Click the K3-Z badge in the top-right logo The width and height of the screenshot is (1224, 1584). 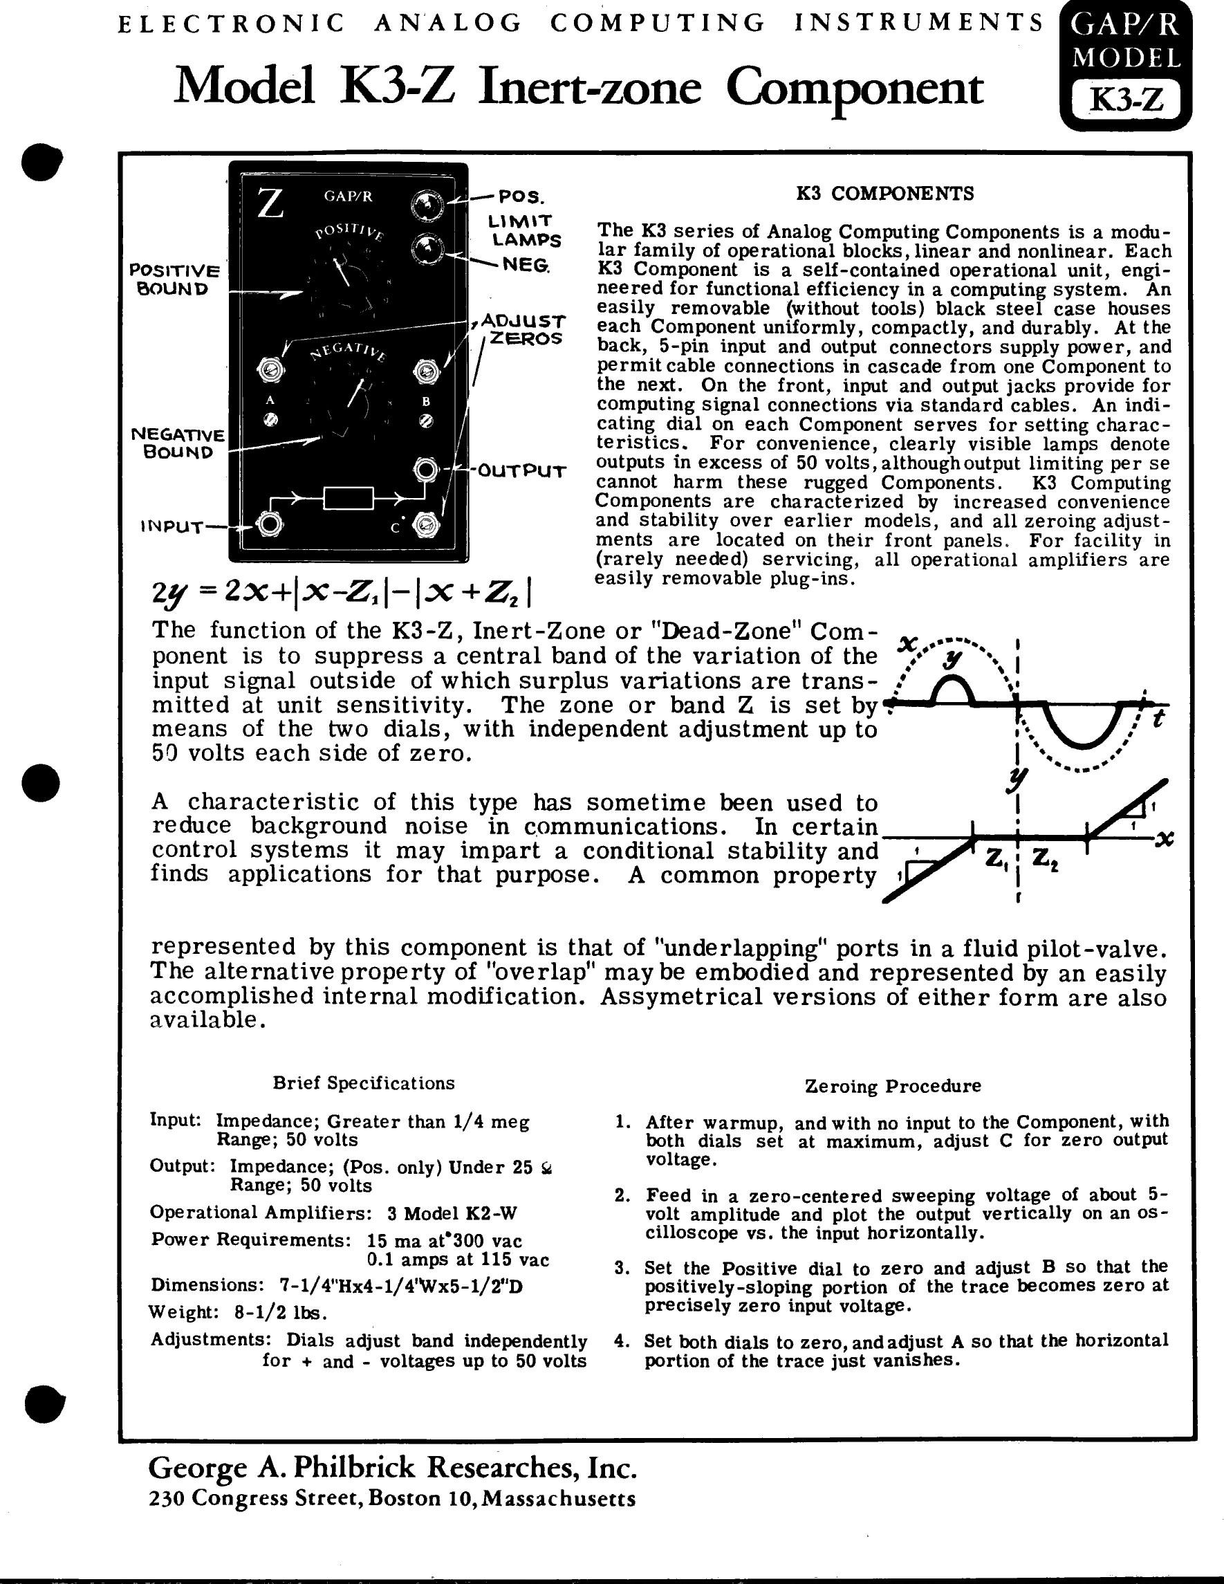[x=1126, y=100]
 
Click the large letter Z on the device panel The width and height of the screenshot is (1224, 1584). [x=270, y=204]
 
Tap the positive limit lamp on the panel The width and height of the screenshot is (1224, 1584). [x=427, y=206]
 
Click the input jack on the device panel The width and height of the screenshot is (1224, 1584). [x=270, y=524]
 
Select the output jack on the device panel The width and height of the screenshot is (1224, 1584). [x=427, y=470]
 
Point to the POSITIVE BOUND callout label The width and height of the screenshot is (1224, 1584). [x=174, y=279]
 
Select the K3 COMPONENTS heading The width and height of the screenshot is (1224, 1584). [x=884, y=194]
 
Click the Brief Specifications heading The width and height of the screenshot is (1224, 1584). [x=363, y=1083]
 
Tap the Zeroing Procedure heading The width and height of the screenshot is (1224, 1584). [x=893, y=1086]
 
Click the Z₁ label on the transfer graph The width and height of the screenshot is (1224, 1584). [x=997, y=860]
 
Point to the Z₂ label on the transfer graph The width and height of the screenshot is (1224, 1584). [x=1045, y=860]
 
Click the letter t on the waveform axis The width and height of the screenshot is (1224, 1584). [x=1159, y=720]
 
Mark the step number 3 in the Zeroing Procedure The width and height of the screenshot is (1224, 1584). [x=622, y=1268]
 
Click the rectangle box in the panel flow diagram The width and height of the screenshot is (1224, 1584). [x=348, y=498]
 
